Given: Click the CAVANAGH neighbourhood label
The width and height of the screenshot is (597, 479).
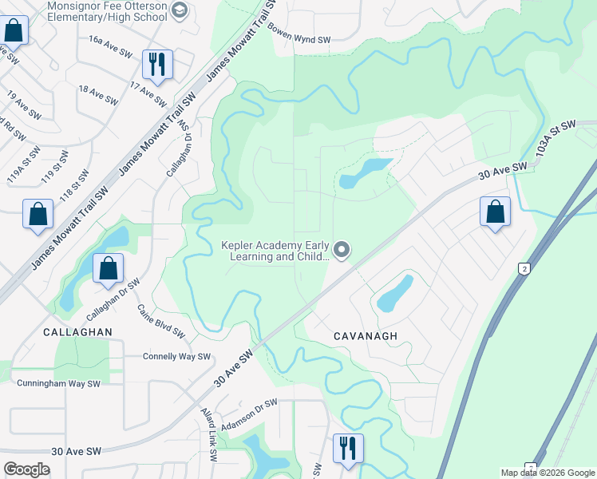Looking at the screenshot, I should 365,336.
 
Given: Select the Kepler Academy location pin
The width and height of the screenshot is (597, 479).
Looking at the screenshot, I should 342,251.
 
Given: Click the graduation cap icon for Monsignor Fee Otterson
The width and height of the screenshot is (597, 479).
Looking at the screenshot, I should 180,10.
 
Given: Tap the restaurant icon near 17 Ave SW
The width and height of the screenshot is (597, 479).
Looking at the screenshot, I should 156,64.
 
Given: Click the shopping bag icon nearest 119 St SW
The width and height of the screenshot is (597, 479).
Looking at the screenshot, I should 38,213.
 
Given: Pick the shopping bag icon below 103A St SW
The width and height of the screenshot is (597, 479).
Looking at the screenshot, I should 496,212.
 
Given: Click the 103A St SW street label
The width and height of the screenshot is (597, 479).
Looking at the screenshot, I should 555,138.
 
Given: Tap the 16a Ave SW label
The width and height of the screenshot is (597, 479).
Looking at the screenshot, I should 110,52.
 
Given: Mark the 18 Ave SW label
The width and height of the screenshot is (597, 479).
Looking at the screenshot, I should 98,94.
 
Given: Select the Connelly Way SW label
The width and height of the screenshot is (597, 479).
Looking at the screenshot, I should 176,357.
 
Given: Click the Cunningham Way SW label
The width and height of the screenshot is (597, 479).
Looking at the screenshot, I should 59,383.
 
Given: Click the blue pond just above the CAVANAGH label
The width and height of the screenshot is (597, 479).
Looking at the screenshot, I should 395,293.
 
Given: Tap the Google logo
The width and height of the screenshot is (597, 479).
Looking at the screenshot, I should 26,469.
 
